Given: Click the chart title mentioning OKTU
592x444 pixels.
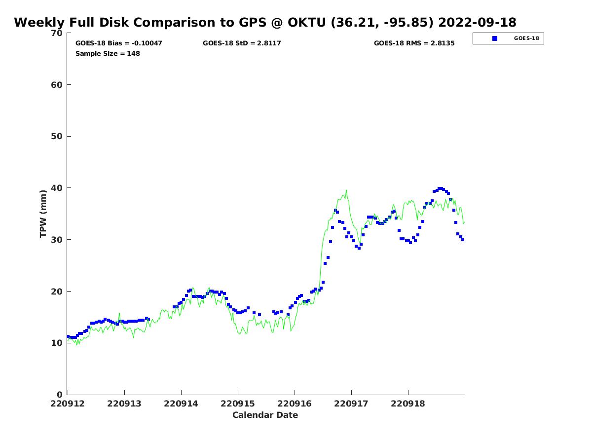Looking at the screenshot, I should point(265,23).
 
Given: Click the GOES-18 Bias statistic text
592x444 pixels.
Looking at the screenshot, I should point(118,43).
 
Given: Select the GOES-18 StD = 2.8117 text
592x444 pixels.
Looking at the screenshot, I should point(242,43).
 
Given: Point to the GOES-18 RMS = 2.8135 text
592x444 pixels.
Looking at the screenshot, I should point(414,43).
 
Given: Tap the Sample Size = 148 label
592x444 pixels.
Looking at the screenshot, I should point(108,53).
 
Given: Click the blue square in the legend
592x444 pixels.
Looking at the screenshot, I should point(495,38).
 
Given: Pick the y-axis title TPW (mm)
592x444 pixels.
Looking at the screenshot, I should point(43,214).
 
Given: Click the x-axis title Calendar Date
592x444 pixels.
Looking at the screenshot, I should point(265,415).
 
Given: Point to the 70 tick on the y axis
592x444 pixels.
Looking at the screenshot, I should point(57,33).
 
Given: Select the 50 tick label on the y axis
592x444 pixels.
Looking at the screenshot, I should point(57,136).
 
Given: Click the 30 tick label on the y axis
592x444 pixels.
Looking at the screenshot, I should point(57,240).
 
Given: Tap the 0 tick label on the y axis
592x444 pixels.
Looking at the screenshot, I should point(60,395).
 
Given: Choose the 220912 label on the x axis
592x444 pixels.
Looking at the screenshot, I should point(68,404).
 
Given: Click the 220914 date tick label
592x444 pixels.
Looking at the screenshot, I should point(181,404).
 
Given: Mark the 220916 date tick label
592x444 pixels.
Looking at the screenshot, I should point(295,404).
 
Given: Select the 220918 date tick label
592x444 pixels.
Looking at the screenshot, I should point(408,404).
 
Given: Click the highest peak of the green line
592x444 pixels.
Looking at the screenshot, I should point(346,190).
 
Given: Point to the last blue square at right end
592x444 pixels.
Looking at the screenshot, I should point(463,240).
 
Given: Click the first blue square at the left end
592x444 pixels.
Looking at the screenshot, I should point(68,336).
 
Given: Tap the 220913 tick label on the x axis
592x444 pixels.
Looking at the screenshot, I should point(124,404).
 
